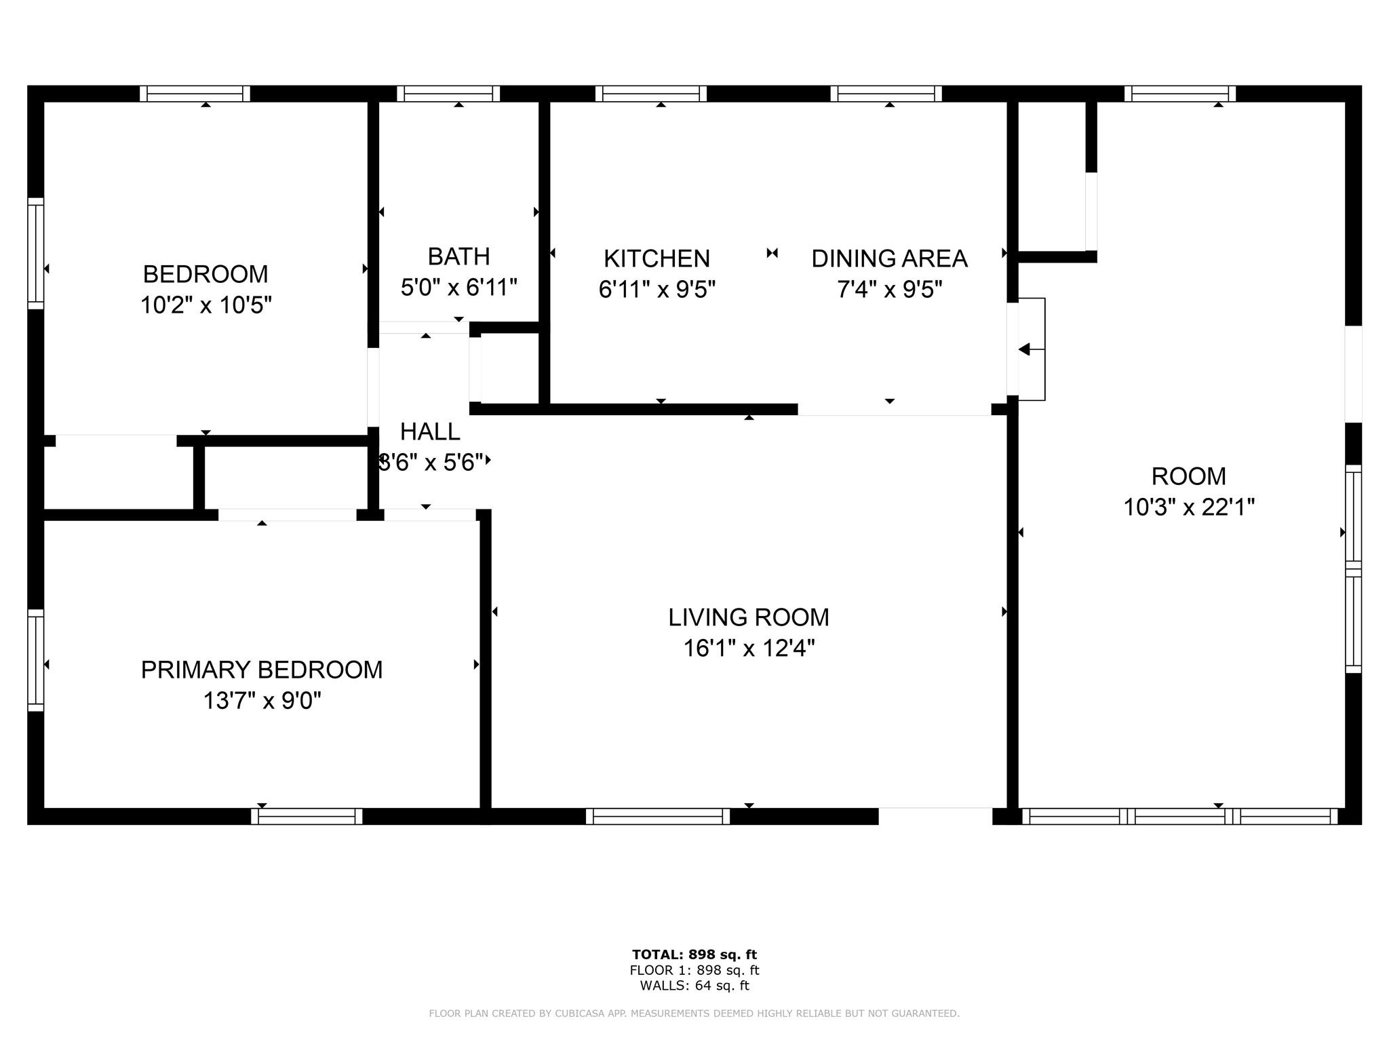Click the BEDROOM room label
tap(206, 274)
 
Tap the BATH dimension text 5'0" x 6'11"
tap(459, 288)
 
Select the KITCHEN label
tap(657, 258)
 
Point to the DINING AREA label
tap(889, 258)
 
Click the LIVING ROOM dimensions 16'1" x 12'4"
tap(749, 649)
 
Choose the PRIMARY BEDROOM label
tap(262, 670)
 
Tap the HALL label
tap(430, 431)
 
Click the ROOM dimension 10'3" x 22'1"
tap(1189, 507)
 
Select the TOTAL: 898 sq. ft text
tap(694, 955)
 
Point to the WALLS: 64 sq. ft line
tap(694, 986)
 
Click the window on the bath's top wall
tap(448, 94)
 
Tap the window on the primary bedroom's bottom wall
tap(307, 816)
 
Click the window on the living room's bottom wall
tap(658, 816)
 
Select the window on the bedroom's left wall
tap(35, 253)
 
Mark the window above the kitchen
tap(651, 94)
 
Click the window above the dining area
tap(886, 94)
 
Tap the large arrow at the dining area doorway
tap(1024, 349)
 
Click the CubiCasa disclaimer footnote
tap(694, 1014)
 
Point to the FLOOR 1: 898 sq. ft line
tap(694, 971)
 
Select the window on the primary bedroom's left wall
tap(35, 660)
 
